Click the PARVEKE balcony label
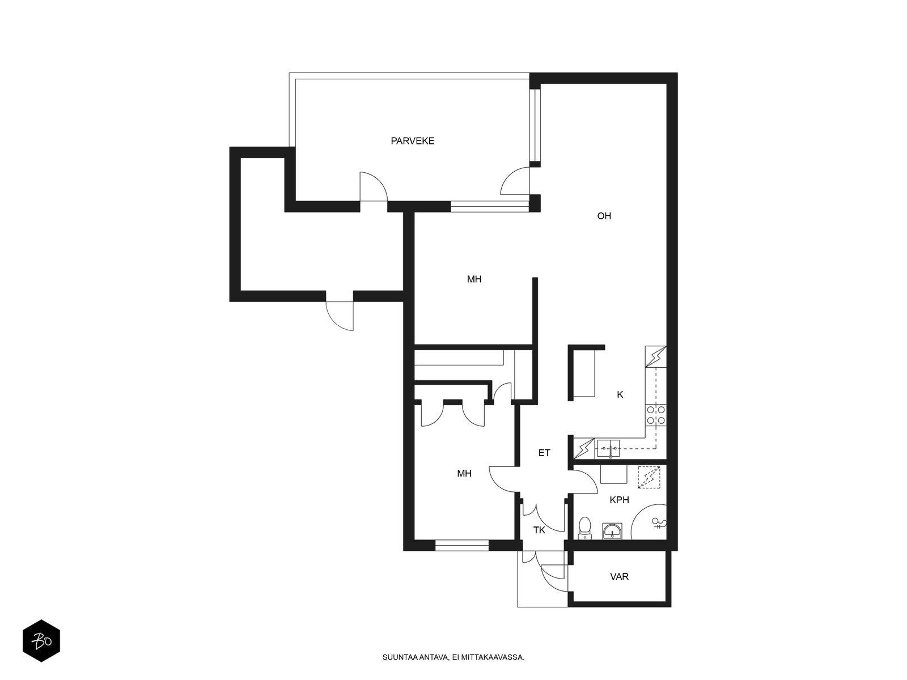click(412, 141)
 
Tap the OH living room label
click(604, 216)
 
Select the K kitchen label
click(620, 395)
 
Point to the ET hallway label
click(544, 453)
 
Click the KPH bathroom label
click(620, 500)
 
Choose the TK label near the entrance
click(539, 530)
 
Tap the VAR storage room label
click(620, 576)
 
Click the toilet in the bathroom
click(584, 528)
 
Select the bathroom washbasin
click(612, 531)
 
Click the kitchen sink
click(608, 448)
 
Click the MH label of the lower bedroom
click(464, 474)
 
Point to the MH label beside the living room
click(474, 279)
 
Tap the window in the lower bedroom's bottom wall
click(462, 545)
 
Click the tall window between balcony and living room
click(535, 125)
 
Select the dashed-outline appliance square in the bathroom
click(649, 477)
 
